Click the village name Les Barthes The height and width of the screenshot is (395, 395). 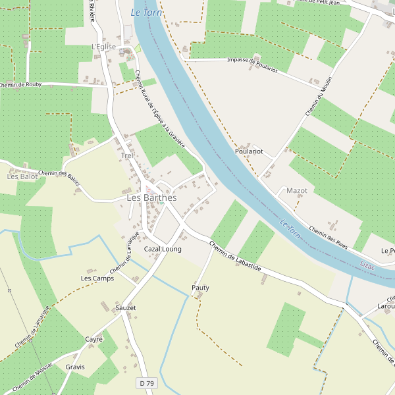point(151,197)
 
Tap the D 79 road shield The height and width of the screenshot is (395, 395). point(147,383)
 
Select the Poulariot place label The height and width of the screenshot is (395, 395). point(249,151)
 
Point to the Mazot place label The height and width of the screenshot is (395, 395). point(297,191)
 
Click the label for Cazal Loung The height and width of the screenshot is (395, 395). point(163,250)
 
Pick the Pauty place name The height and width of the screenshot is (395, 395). point(200,288)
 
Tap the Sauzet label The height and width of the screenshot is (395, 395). point(125,307)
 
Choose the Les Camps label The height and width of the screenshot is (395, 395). point(97,278)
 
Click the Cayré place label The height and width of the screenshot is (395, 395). point(94,339)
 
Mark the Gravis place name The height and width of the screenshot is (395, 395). point(75,367)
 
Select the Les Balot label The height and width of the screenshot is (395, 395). point(22,176)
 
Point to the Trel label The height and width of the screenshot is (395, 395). point(126,156)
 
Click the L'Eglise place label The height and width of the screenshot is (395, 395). point(103,47)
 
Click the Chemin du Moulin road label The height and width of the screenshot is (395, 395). point(319,97)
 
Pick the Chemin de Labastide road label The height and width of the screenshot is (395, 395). point(235,257)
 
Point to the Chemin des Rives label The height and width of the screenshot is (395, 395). point(328,237)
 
